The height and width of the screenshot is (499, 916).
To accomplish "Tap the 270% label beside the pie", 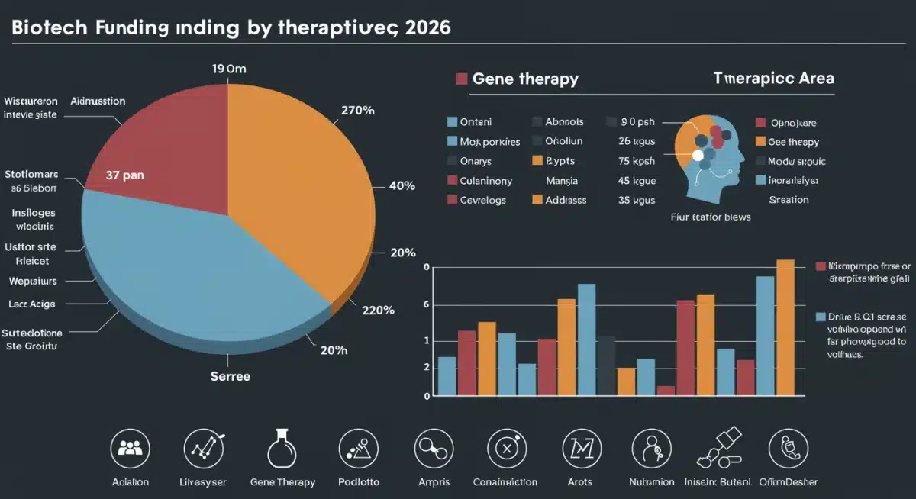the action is pos(356,111).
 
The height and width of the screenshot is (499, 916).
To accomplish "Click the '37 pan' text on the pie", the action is pos(124,175).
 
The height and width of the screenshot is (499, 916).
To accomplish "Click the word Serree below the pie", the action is pos(230,376).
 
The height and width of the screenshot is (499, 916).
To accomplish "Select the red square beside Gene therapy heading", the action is pos(461,79).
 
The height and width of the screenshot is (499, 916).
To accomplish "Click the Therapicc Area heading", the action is pos(773,79).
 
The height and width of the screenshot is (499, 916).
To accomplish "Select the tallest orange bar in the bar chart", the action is pos(785,327).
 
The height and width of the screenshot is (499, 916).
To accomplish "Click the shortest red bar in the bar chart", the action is pos(666,391).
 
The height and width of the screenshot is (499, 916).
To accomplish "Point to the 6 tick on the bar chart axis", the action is pos(427,305).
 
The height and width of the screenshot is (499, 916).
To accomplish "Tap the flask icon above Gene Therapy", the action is pos(282,449).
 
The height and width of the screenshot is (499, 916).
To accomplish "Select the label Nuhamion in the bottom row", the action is pos(651,482).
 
